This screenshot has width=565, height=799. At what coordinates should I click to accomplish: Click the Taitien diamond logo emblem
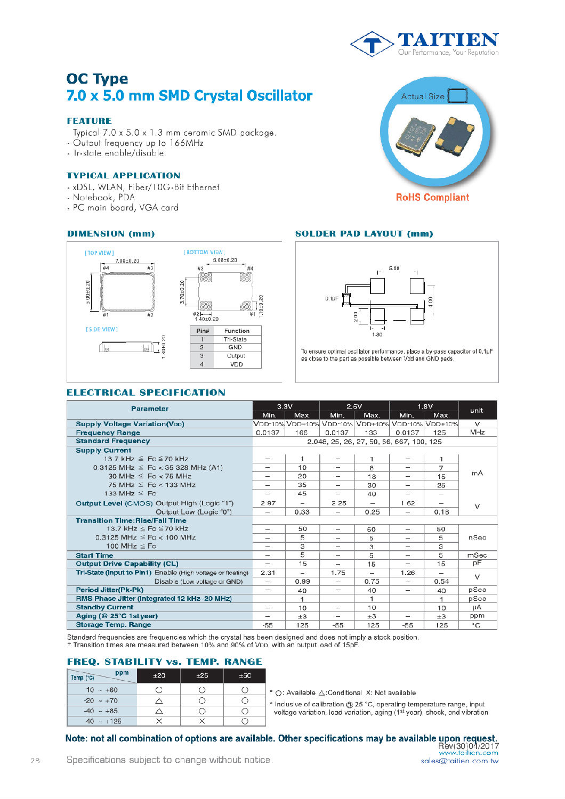tap(373, 44)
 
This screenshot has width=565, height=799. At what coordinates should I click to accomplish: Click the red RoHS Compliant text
tap(432, 197)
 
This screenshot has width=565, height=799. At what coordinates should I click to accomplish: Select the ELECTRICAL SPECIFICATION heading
tap(146, 393)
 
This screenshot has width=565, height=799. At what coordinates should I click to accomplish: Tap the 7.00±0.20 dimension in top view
tap(127, 261)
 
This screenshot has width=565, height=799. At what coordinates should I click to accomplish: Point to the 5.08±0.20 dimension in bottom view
tap(225, 260)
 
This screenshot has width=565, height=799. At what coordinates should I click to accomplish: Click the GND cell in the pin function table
tap(235, 347)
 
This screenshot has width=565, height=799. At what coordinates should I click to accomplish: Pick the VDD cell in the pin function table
tap(236, 365)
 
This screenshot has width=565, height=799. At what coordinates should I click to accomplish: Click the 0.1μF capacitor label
tap(332, 299)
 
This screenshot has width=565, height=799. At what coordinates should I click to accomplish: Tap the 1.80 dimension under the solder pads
tap(377, 335)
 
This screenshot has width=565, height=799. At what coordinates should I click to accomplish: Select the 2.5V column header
tap(354, 406)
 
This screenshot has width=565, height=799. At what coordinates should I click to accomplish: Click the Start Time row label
tap(94, 556)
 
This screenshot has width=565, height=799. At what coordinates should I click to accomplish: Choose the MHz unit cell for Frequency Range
tap(477, 433)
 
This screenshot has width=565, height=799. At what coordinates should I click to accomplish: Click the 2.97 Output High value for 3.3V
tap(268, 503)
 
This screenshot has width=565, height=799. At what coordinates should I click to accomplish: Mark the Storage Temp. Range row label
tap(113, 625)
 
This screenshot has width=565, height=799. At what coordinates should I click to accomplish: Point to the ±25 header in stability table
tap(202, 675)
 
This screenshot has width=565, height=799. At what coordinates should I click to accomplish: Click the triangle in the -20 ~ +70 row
tap(159, 701)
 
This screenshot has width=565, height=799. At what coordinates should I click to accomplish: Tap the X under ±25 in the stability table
tap(202, 721)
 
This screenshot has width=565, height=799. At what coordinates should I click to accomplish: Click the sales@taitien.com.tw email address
tap(459, 761)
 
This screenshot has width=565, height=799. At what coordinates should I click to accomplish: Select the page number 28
tap(35, 761)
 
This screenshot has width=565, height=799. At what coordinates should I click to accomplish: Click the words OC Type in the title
tap(97, 79)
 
